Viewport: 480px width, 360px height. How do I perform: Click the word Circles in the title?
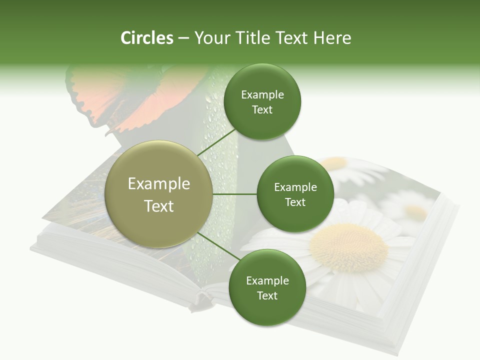[x=146, y=38]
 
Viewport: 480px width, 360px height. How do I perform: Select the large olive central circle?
[x=158, y=194]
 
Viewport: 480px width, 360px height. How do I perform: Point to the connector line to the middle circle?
[x=234, y=194]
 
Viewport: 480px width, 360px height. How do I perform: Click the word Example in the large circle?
[x=158, y=183]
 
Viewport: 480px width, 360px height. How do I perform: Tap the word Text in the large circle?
[x=158, y=206]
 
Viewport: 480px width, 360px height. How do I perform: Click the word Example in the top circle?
[x=262, y=94]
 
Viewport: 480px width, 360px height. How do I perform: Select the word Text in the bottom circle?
[x=267, y=295]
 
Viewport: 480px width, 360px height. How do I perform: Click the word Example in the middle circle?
[x=295, y=187]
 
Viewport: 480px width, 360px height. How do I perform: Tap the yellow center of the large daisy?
[x=348, y=247]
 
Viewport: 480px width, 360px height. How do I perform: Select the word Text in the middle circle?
[x=295, y=202]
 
